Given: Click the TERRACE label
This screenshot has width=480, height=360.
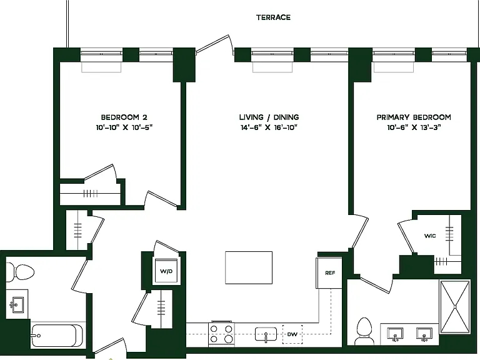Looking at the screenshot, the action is point(273,17).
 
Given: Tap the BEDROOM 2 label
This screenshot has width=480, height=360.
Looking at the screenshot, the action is point(124,117).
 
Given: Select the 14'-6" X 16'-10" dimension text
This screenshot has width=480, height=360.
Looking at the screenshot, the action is point(269,127).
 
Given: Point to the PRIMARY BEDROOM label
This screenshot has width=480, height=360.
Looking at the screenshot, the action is point(414,117).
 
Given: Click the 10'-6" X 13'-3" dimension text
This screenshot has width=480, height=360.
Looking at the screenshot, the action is point(414,127).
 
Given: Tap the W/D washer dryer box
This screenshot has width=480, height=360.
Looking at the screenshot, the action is point(166,271).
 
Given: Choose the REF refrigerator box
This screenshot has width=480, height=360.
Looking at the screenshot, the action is point(329,272).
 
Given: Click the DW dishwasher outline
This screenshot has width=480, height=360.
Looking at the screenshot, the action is point(292,334).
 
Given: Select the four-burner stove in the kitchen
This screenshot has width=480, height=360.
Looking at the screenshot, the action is point(221,334).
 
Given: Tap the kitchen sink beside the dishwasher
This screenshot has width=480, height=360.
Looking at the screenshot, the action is point(266,334).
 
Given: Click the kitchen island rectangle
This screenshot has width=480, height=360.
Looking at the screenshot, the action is point(249,268).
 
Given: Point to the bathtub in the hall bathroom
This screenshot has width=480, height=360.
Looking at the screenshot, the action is point(57,336).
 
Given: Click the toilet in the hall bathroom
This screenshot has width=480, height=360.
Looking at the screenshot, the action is point(21,272).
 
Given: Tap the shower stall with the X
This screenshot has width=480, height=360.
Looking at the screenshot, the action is point(455,306).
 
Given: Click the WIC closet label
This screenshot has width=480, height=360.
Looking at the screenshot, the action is point(430,236).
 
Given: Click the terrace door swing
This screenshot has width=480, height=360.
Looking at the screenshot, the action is point(215,44).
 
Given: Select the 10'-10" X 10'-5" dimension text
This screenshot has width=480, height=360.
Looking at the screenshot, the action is point(124,127).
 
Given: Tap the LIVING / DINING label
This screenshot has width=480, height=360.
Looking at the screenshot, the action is point(269,117).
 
